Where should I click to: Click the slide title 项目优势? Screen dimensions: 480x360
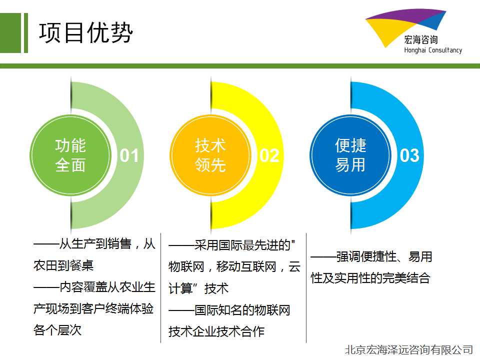[85, 32]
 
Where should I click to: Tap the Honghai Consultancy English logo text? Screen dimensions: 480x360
[433, 50]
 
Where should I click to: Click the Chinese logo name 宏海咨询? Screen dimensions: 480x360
[421, 40]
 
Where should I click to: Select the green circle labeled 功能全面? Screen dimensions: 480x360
[70, 155]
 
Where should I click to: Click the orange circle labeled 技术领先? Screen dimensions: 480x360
[210, 155]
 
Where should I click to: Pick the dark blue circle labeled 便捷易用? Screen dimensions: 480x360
[350, 155]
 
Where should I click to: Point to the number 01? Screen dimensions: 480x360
[129, 155]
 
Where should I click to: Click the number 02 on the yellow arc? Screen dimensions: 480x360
[269, 155]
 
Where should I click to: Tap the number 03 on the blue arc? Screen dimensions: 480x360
[409, 155]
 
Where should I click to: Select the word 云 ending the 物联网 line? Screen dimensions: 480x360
[294, 266]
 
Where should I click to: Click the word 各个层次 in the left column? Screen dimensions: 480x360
[57, 330]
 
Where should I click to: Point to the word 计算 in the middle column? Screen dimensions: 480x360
[180, 288]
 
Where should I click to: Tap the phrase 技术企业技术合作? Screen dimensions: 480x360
[216, 331]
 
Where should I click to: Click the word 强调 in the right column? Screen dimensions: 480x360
[348, 256]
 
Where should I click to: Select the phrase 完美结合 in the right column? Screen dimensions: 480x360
[406, 278]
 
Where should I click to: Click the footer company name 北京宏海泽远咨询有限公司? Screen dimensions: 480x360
[409, 349]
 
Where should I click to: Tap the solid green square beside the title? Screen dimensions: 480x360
[10, 33]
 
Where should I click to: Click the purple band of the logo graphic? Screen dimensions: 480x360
[407, 15]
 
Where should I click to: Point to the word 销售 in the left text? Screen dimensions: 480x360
[119, 244]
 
